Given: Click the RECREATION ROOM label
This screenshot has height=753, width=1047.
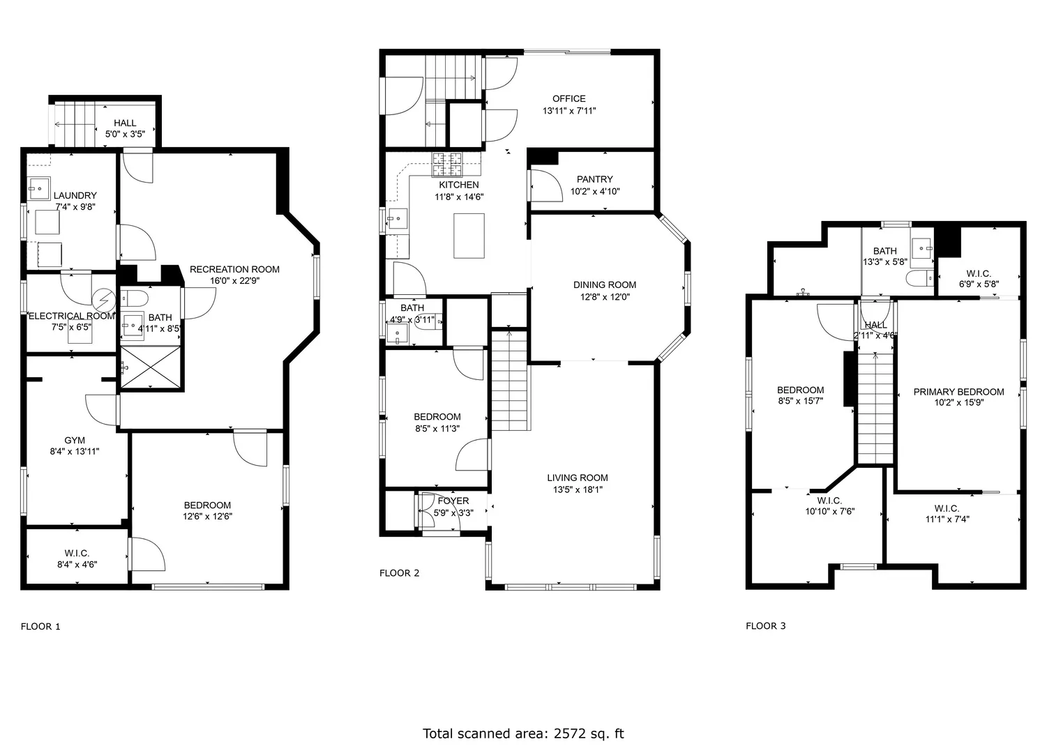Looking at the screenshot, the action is coord(234,270).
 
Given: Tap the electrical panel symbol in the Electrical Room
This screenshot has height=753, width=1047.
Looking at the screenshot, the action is coord(104,300).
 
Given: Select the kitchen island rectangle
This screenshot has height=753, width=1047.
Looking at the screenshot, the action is coord(469,236).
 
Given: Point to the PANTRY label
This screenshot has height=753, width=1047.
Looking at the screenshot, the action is coord(594,179).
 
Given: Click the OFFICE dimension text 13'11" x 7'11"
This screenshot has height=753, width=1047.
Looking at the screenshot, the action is coord(569,111).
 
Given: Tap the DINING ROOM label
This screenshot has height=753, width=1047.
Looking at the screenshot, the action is coord(605,285).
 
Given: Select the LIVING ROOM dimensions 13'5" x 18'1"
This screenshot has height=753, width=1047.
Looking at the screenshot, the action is coord(578,489).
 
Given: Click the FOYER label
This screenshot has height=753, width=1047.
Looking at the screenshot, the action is coord(453,501).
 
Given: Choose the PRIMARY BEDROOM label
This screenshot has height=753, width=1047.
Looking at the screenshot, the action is coord(958,392).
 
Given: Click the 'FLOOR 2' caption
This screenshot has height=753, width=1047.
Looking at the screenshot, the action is coord(399,573).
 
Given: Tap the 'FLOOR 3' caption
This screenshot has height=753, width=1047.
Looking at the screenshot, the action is coord(766,626).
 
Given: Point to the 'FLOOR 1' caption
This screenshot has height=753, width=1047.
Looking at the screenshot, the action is coord(40,626).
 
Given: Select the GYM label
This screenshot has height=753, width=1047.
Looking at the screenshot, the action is coord(75,440).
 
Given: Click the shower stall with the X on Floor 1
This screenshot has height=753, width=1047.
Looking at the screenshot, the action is coord(151,367).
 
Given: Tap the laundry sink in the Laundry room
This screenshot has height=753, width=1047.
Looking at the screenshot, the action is coord(39,189).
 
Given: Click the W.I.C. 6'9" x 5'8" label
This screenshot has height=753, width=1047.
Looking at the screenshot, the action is coord(978,278).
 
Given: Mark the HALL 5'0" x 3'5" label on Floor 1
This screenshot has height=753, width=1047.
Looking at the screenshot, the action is coord(125,128).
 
